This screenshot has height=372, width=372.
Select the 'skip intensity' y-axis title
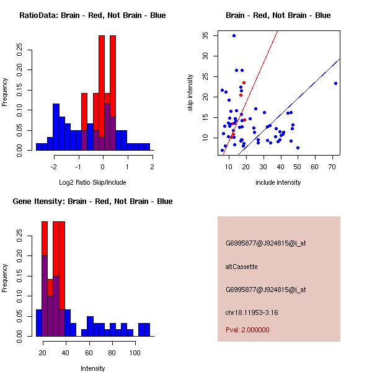(x=190, y=92)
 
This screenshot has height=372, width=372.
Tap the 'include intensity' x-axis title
(x=278, y=182)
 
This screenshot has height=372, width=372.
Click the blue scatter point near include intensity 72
(x=335, y=83)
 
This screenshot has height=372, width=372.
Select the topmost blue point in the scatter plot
(x=234, y=35)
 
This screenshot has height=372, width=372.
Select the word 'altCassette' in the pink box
(x=241, y=267)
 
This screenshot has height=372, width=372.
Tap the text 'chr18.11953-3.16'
(x=251, y=312)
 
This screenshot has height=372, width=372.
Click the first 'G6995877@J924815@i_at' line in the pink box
(x=265, y=243)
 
